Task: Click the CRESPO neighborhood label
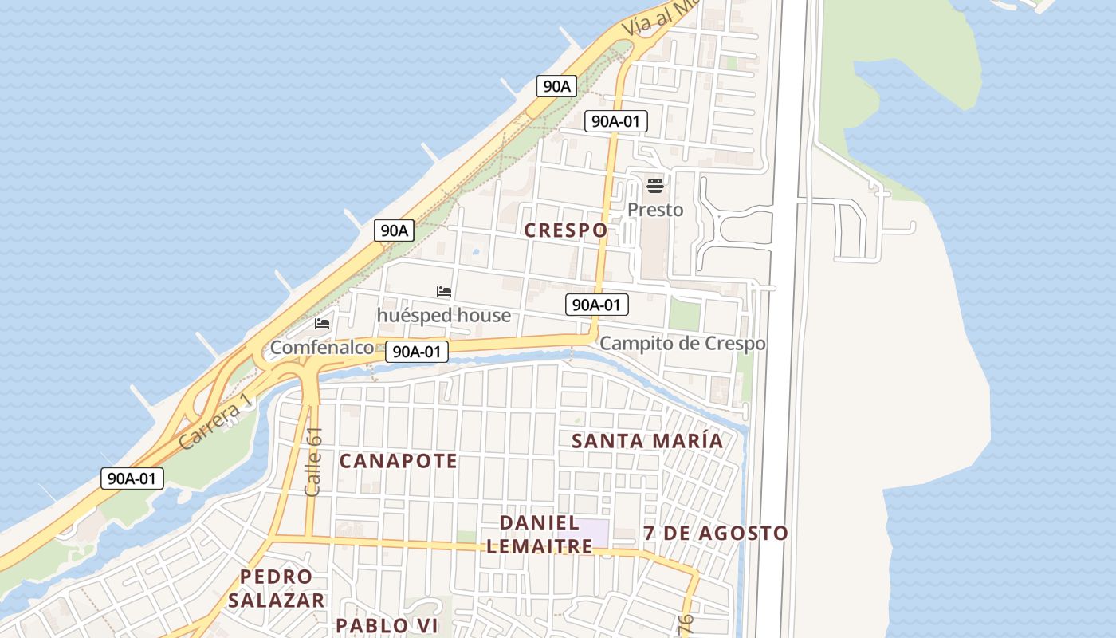coord(566,230)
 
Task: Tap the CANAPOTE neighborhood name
coord(399,461)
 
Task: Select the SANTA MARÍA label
coord(647,441)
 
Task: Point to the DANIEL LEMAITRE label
coord(540,534)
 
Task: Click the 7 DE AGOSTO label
coord(716,533)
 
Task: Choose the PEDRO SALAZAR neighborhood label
coord(277,588)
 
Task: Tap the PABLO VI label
coord(387,625)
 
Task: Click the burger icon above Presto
coord(655,187)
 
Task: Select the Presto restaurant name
coord(655,210)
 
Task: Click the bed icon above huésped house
coord(444,293)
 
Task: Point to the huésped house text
coord(444,316)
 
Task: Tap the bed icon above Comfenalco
coord(322,324)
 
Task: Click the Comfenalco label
coord(322,348)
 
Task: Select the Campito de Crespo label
coord(682,344)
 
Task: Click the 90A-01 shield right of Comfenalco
coord(416,351)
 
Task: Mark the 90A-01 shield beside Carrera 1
coord(132,478)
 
